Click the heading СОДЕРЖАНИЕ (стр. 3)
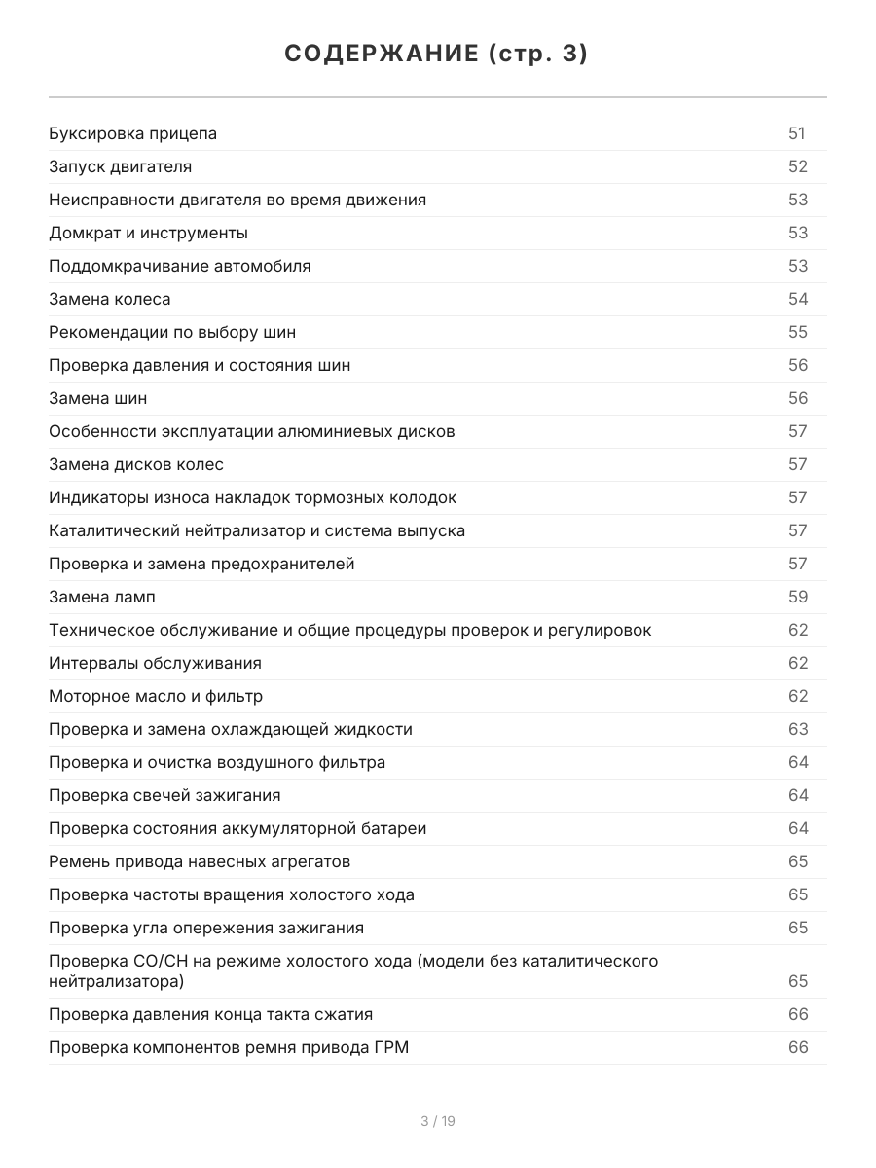(x=437, y=55)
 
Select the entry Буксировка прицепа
(x=133, y=134)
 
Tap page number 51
(x=797, y=134)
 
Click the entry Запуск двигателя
(x=121, y=167)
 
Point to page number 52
(x=798, y=167)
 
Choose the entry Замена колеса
(x=110, y=300)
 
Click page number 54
(x=798, y=300)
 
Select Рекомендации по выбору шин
(x=172, y=333)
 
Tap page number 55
(x=798, y=333)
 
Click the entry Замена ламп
(x=102, y=598)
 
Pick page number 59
(x=798, y=598)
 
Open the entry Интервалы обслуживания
(x=156, y=664)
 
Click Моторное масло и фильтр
(x=156, y=697)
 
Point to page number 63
(x=798, y=730)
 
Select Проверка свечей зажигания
(x=164, y=796)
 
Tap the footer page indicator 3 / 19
(x=438, y=1121)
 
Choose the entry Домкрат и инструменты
(x=149, y=234)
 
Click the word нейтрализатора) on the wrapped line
(x=117, y=981)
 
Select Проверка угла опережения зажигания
(x=206, y=929)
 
